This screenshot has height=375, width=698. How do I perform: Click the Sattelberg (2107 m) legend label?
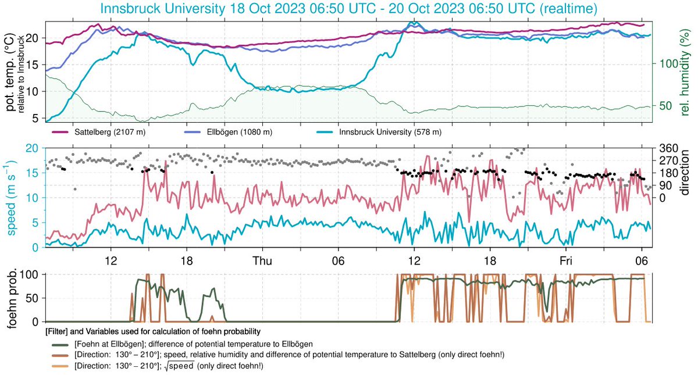(110, 132)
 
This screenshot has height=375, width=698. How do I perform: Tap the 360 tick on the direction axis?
(666, 148)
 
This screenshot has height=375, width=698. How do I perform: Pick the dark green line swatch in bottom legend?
(59, 343)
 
